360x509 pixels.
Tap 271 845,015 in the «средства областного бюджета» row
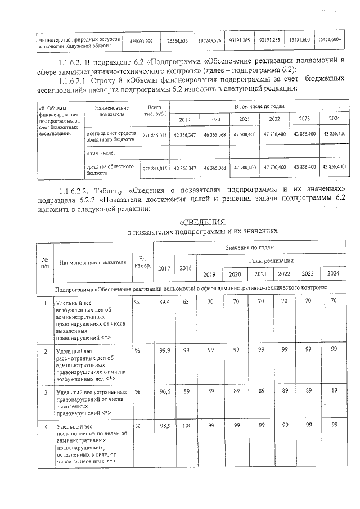(x=154, y=168)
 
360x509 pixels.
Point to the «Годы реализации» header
(x=271, y=261)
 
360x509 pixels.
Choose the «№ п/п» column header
(x=44, y=262)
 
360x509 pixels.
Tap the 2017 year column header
(x=164, y=268)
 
